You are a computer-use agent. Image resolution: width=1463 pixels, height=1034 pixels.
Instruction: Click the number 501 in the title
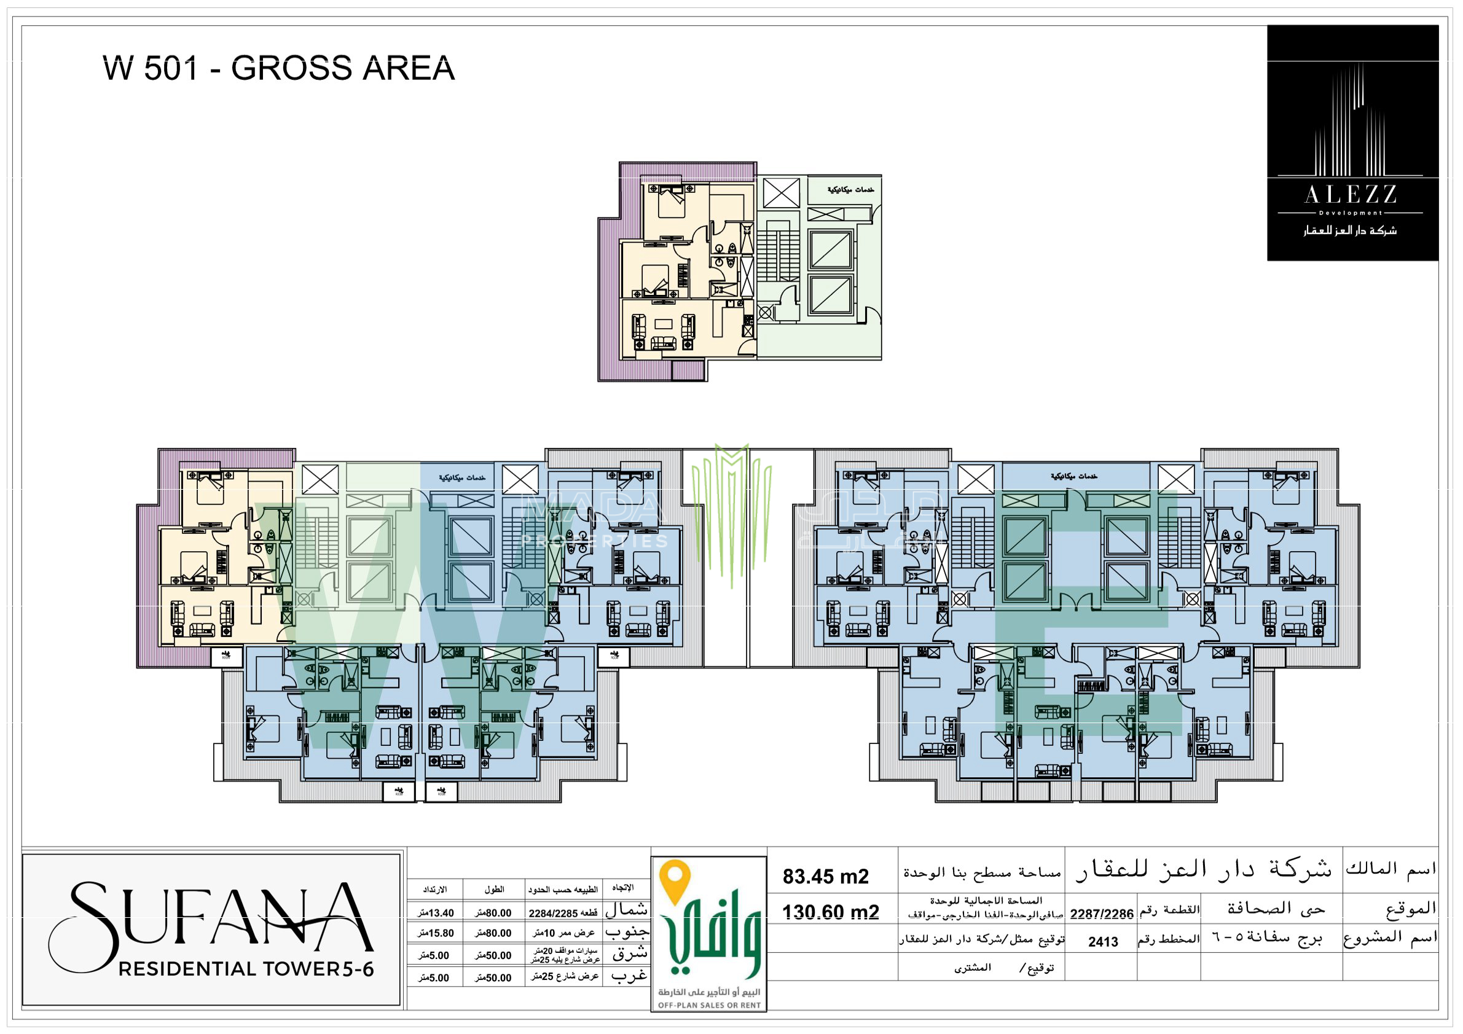point(171,68)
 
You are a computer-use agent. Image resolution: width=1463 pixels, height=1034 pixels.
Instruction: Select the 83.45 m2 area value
point(825,877)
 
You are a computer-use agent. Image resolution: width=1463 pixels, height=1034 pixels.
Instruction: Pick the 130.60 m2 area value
point(830,912)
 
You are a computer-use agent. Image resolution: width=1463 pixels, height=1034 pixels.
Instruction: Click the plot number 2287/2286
point(1101,914)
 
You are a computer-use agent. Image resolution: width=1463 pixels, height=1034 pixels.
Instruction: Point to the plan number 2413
point(1103,942)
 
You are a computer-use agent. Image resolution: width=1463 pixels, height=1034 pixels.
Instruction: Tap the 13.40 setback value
point(436,913)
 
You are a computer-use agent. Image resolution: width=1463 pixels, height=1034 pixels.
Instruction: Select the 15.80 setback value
point(436,933)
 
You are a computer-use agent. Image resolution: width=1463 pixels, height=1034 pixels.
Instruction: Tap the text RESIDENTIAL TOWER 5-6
point(246,969)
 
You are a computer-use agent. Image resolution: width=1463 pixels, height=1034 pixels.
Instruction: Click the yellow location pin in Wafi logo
point(675,880)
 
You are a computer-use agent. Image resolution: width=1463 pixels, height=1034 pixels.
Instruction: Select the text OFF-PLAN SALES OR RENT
point(708,1005)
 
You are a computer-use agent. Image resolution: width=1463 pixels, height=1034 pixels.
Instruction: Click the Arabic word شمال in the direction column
point(627,910)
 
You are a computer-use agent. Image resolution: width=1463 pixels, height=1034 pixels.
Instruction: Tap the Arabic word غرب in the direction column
point(629,976)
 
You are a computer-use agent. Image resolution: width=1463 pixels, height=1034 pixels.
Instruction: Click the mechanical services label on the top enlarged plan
point(850,190)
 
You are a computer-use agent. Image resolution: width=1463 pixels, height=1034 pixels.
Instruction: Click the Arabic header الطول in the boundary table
point(494,890)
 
